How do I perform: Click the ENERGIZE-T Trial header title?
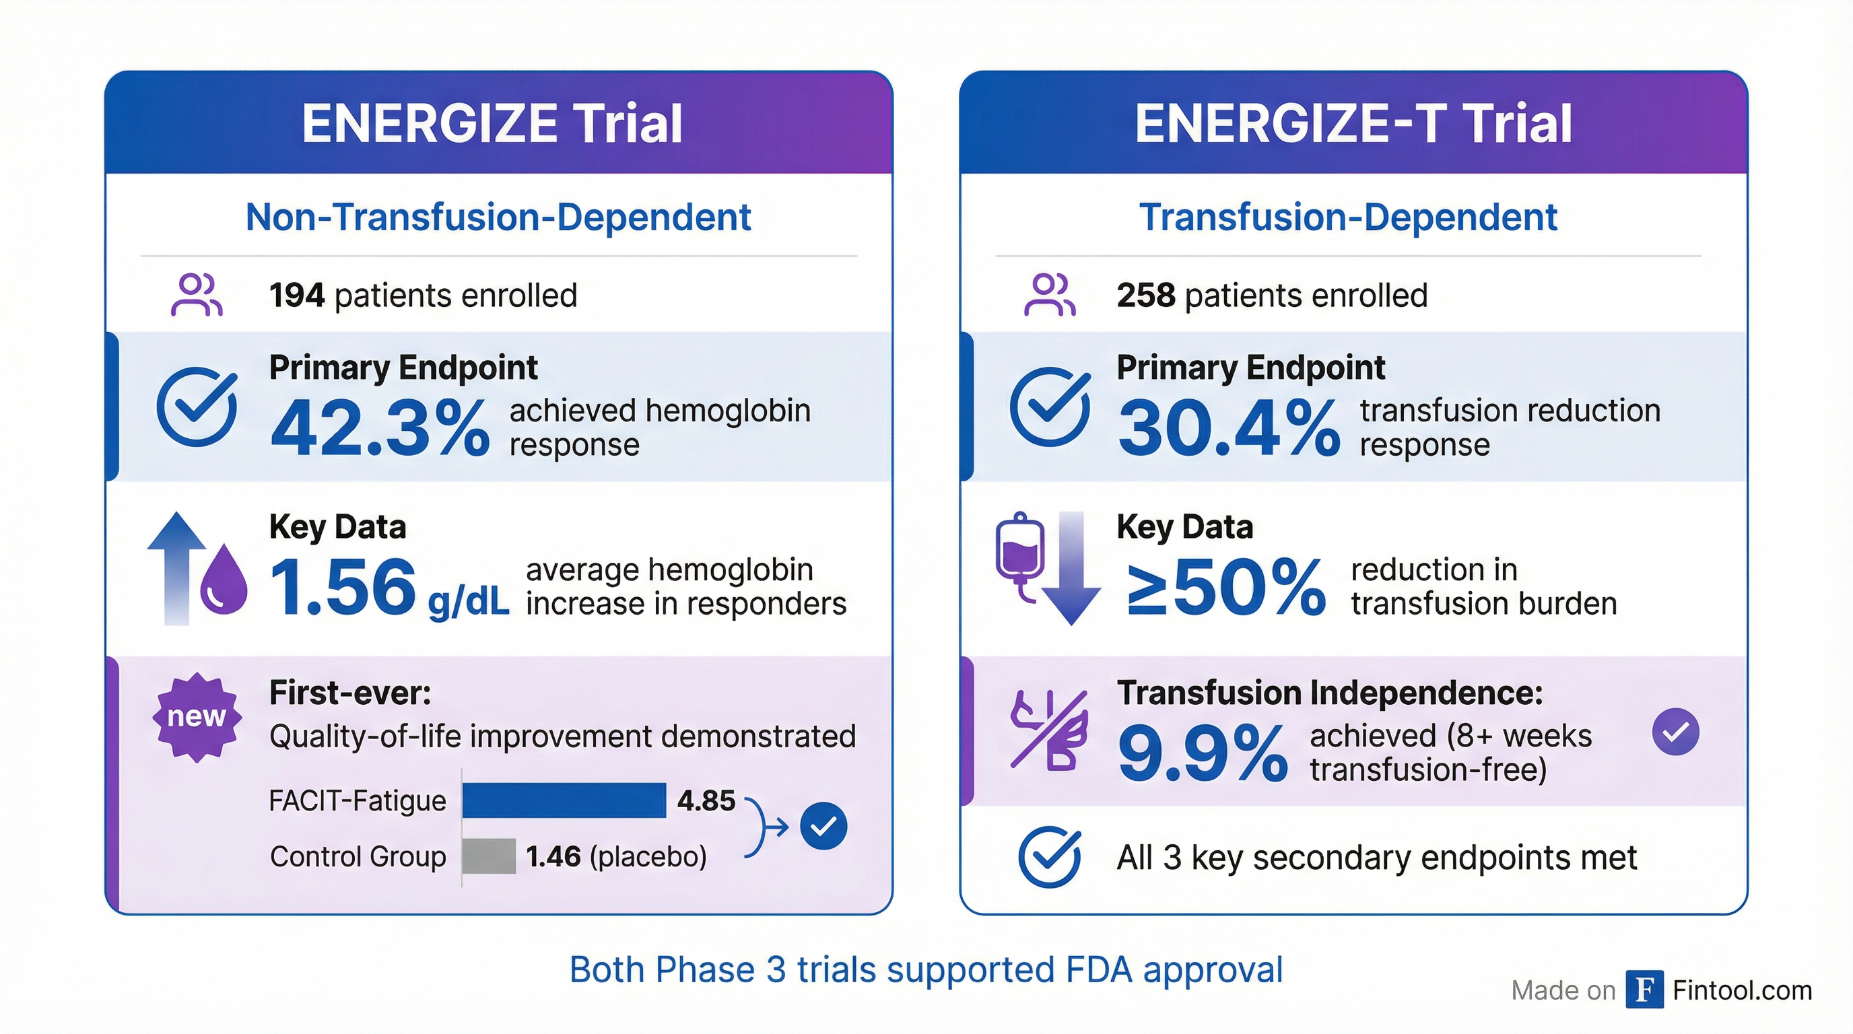tap(1353, 123)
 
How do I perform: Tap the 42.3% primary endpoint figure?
tap(380, 429)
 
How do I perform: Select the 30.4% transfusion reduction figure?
tap(1229, 429)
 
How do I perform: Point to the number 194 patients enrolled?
tap(296, 296)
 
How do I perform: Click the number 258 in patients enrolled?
tap(1145, 296)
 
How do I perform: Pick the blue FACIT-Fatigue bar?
tap(564, 800)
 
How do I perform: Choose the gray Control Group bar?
tap(489, 856)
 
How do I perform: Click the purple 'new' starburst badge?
tap(197, 717)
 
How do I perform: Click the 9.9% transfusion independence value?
tap(1202, 753)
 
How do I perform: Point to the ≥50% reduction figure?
tap(1225, 588)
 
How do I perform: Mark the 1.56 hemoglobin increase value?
tap(343, 588)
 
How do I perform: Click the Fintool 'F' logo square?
tap(1644, 990)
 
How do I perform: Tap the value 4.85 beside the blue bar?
tap(706, 800)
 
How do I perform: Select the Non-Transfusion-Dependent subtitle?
tap(498, 217)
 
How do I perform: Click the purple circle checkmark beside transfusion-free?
tap(1675, 732)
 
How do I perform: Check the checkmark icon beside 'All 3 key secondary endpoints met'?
tap(1050, 856)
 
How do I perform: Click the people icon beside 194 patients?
tap(197, 295)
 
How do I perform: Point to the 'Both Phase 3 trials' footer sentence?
tap(926, 969)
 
